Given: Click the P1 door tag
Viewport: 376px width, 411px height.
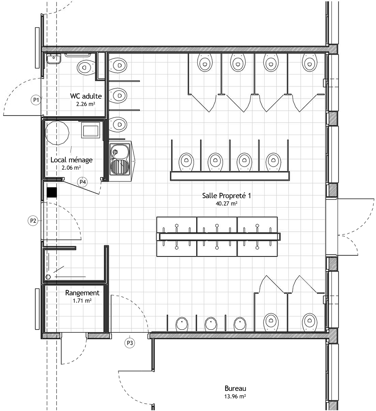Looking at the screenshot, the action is click(36, 100).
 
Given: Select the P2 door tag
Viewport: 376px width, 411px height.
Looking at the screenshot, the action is click(33, 221).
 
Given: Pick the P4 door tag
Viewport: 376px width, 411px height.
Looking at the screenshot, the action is click(82, 182).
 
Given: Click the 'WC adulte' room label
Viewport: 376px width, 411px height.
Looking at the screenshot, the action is click(86, 96).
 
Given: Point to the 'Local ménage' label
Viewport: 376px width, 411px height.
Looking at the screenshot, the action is click(71, 160).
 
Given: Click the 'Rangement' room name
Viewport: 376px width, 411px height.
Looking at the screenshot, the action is click(82, 293).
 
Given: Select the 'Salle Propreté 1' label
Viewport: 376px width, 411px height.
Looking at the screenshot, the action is click(227, 196).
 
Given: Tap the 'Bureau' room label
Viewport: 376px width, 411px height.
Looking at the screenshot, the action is click(235, 388).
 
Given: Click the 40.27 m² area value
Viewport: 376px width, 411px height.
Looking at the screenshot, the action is click(227, 203).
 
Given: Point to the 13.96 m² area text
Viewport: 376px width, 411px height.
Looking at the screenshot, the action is click(235, 396).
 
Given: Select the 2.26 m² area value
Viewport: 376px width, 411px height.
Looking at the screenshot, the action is click(86, 104).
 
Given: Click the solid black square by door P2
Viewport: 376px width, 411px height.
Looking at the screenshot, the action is click(52, 192).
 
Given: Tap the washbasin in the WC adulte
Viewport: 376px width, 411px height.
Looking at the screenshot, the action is click(54, 59).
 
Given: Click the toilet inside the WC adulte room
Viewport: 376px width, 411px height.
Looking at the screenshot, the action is click(86, 67).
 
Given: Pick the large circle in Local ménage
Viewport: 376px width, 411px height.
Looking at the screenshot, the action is click(57, 133).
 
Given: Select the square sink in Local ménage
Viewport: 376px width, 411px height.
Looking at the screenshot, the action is click(91, 130).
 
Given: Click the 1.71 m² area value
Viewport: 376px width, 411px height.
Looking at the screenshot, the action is click(82, 301).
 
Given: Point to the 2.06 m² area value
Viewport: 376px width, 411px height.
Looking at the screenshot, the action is click(71, 168).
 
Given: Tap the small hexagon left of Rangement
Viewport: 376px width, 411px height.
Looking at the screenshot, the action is click(48, 277).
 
